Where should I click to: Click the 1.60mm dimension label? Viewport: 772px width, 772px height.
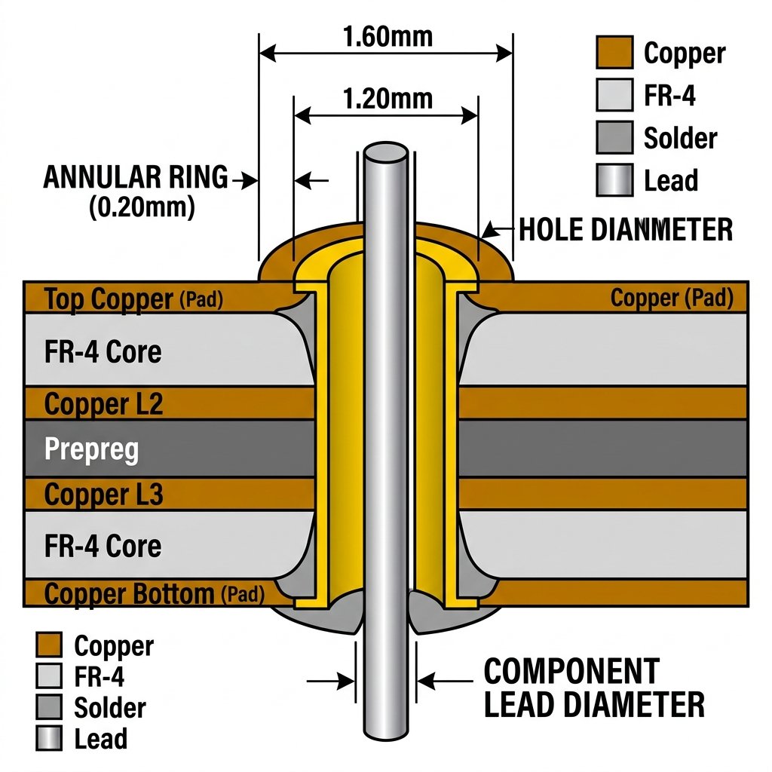coord(388,37)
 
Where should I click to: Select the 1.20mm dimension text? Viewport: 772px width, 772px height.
coord(388,99)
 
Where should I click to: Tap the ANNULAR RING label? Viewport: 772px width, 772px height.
coord(136,177)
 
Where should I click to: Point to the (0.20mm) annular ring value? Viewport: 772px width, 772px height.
coord(142,207)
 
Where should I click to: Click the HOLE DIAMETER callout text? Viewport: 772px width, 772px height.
coord(626,229)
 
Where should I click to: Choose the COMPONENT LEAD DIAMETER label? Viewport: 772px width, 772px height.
coord(594,688)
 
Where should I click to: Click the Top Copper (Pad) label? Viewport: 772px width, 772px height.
coord(133,299)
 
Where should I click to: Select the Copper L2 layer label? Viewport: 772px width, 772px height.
coord(103,404)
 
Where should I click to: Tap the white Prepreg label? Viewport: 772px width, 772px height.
coord(91,449)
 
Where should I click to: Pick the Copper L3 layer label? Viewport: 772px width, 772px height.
coord(103,495)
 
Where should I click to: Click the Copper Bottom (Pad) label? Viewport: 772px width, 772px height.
coord(154,594)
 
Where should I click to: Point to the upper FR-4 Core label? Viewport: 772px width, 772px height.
coord(103,351)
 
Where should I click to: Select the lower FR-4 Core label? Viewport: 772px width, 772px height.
coord(103,546)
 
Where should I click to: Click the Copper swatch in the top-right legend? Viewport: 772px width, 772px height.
coord(614,52)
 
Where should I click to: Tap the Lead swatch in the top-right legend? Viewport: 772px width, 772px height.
coord(614,180)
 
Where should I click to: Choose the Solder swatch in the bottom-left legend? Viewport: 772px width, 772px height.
coord(49,707)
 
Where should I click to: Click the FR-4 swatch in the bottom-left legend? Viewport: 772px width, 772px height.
coord(49,675)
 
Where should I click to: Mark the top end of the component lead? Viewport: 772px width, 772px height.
coord(385,144)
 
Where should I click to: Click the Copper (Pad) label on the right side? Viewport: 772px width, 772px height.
coord(672,298)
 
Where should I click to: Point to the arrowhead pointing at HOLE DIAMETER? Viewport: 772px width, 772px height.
coord(488,231)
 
